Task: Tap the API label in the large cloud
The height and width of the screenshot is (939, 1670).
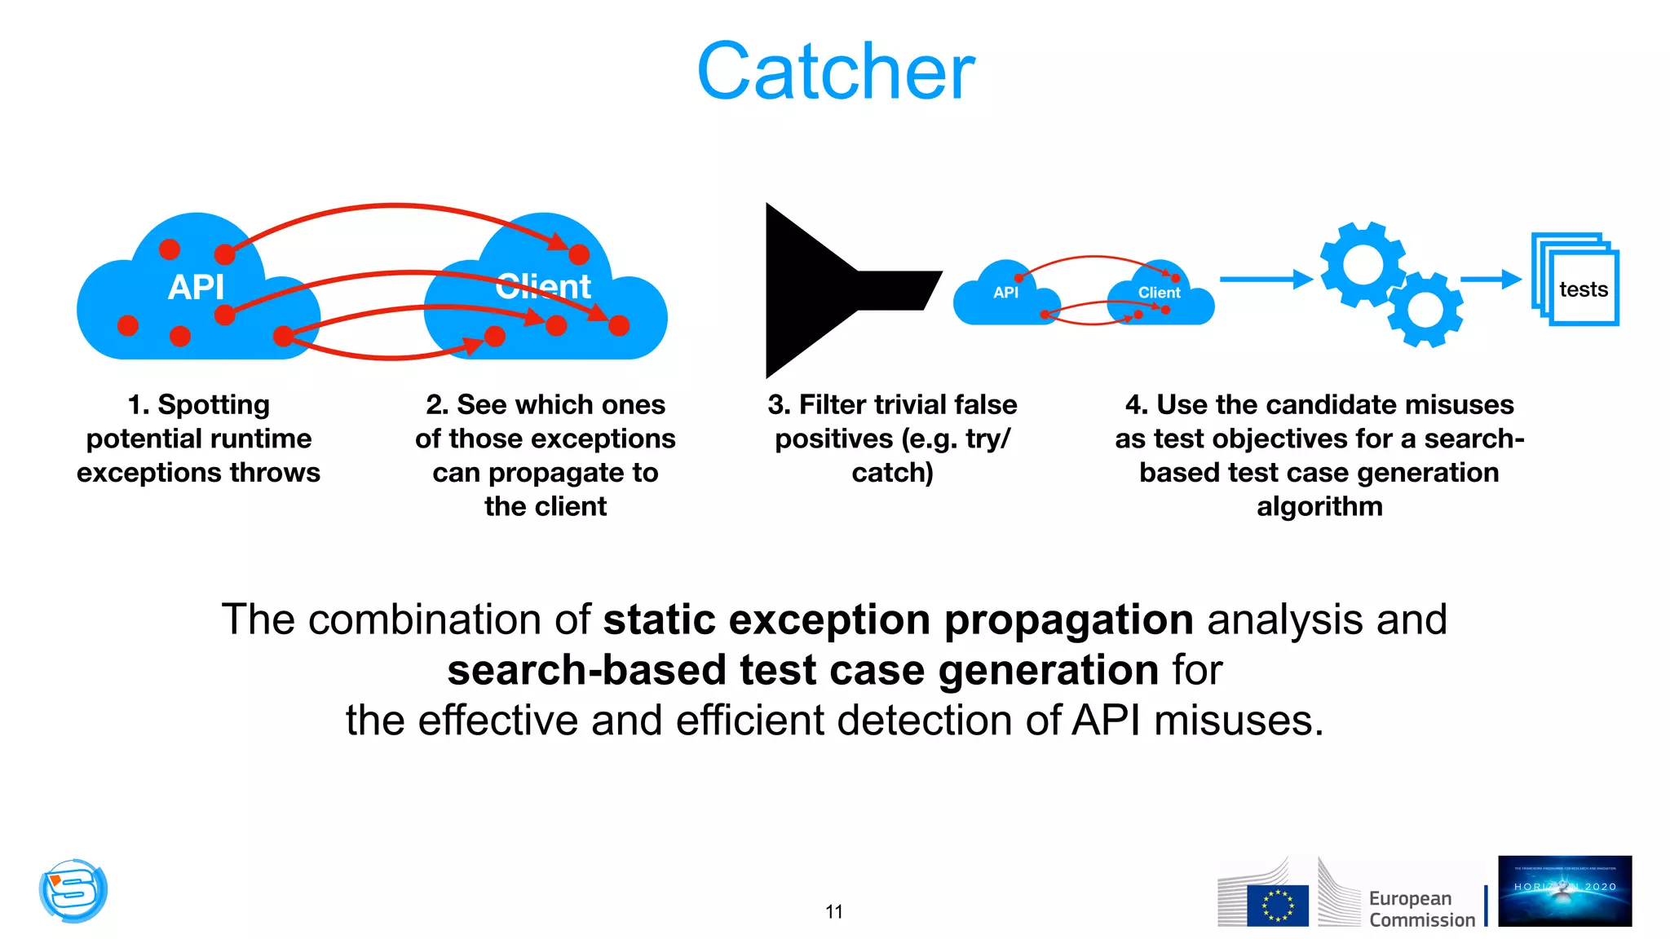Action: click(196, 287)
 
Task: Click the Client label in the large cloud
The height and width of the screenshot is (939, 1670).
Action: click(543, 287)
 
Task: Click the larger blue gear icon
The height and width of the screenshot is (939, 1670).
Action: click(1362, 265)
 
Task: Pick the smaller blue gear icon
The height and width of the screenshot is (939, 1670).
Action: click(1425, 310)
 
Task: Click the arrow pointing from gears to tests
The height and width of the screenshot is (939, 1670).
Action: click(1490, 280)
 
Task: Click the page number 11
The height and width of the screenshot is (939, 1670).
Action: click(833, 911)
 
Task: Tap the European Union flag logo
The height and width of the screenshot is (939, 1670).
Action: click(1277, 906)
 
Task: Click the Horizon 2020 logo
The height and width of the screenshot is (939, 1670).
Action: click(1564, 891)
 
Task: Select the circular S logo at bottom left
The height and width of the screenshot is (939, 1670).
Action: click(73, 890)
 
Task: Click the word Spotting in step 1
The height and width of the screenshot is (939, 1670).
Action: click(213, 404)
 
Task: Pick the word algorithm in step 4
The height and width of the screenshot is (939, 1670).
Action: click(1319, 506)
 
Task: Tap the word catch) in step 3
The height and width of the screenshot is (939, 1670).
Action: click(892, 473)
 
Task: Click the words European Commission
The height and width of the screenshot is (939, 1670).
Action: click(1421, 909)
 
